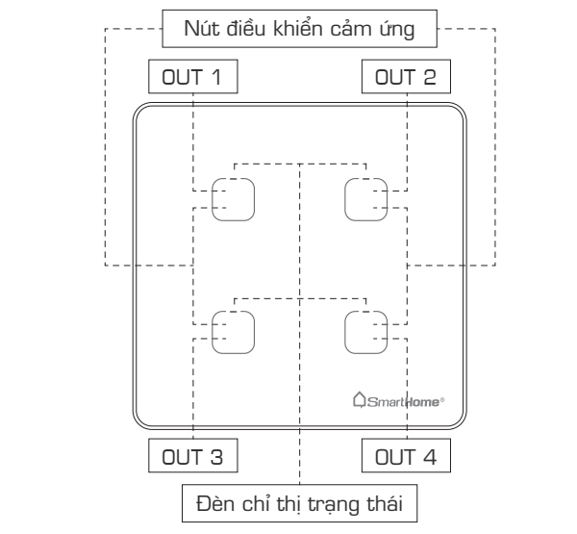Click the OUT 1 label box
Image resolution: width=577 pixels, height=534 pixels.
(192, 76)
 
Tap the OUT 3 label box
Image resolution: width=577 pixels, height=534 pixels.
(192, 453)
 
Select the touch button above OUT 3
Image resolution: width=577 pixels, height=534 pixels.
(235, 331)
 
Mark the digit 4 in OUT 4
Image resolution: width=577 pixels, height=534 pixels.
(431, 453)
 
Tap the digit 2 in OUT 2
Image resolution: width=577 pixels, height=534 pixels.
(431, 76)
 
